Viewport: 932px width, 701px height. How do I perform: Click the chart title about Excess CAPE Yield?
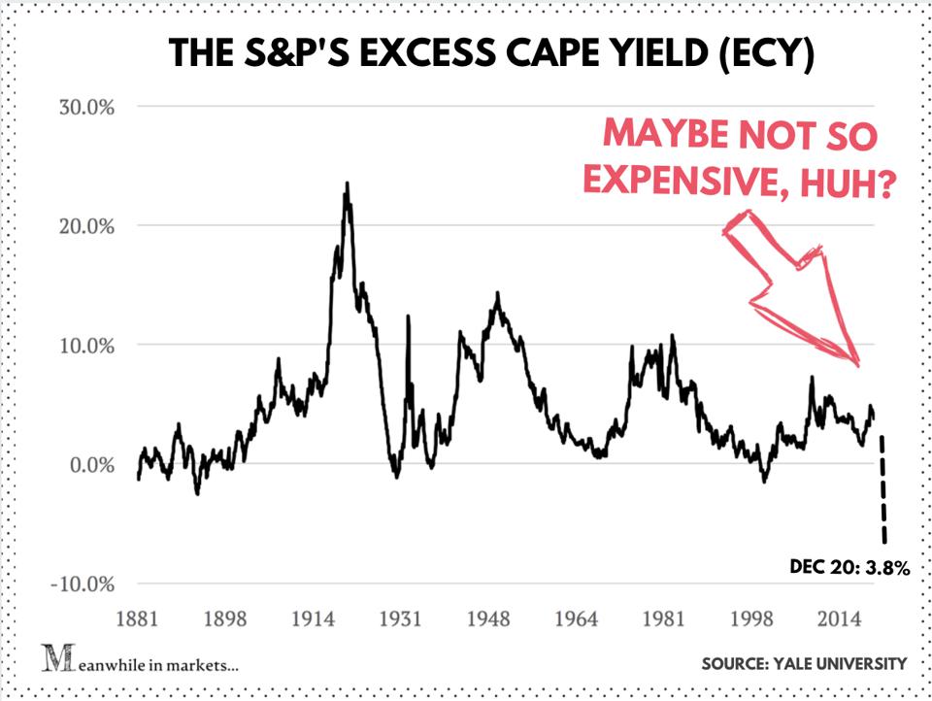[x=491, y=52]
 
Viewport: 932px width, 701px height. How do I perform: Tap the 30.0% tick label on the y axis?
[x=86, y=107]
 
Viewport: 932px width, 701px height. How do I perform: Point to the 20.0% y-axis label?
[x=86, y=226]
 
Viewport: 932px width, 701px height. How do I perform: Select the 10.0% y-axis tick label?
[x=86, y=346]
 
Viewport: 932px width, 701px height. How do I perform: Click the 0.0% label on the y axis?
[x=91, y=465]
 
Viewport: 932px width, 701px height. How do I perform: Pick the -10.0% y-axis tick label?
[x=83, y=584]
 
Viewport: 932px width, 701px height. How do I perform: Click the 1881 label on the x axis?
[x=139, y=618]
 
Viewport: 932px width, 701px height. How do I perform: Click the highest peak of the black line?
[x=347, y=184]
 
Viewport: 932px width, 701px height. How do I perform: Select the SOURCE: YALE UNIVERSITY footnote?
[x=804, y=664]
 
